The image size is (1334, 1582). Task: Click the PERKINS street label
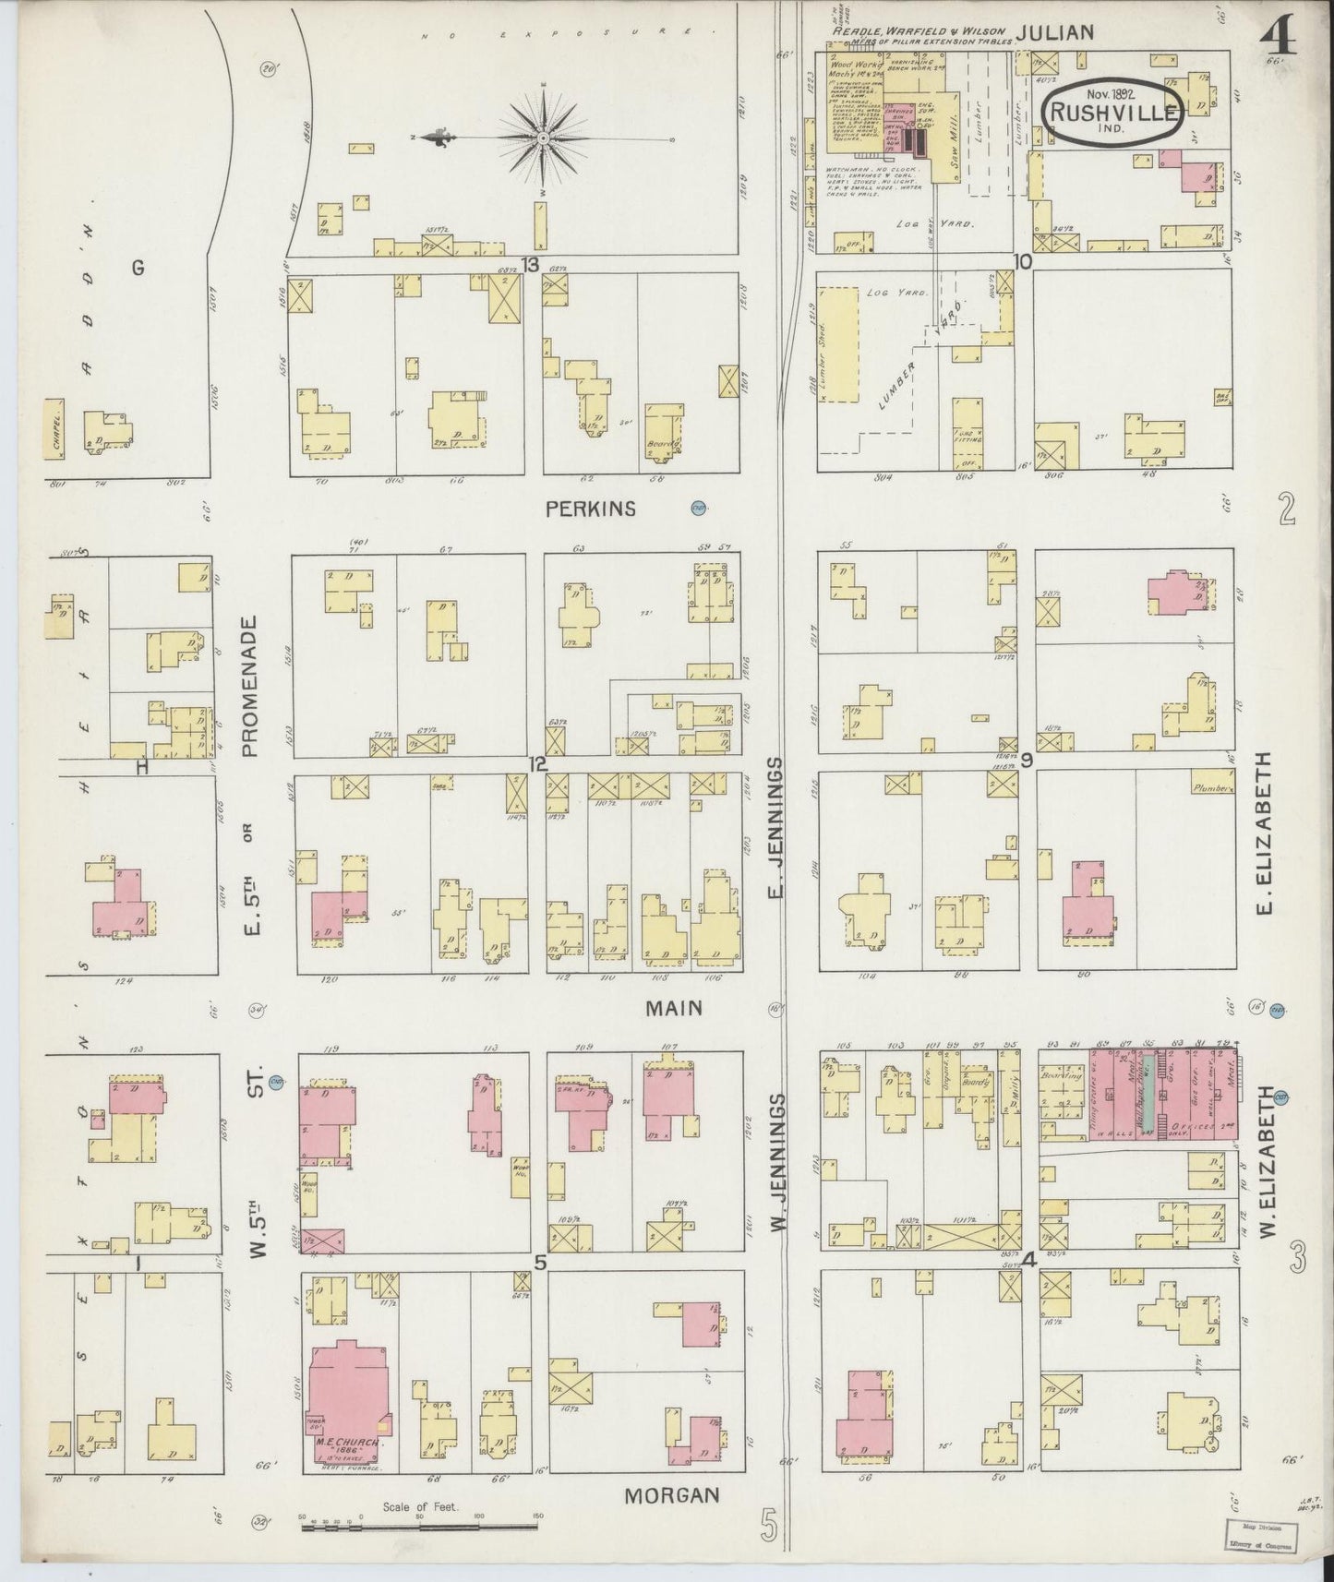604,509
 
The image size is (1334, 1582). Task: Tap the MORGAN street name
672,1494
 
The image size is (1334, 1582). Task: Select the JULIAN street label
1054,32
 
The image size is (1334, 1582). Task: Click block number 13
529,265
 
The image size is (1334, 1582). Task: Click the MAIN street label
673,1008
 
